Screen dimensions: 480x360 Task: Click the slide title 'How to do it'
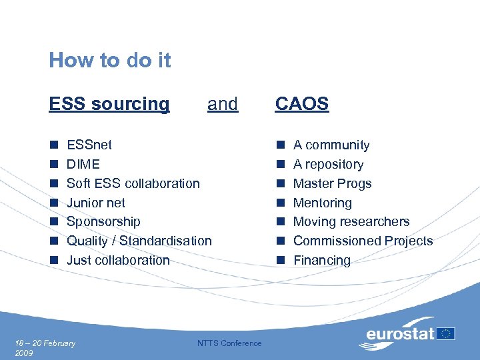point(110,61)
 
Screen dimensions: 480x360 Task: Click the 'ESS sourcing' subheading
point(109,104)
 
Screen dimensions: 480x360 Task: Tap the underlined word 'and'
point(223,104)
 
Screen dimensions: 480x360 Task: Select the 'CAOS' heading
point(302,104)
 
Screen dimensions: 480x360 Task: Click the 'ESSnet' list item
point(89,145)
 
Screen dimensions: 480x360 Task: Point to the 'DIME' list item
point(83,164)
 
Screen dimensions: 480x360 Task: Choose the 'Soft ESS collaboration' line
point(133,183)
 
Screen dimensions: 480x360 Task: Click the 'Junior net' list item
point(96,203)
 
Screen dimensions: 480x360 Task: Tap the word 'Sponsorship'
point(103,221)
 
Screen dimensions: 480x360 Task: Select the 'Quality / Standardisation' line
point(139,241)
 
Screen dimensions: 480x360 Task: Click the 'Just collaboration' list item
point(119,260)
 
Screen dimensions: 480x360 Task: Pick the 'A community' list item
point(331,145)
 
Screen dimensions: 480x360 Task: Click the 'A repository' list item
point(328,164)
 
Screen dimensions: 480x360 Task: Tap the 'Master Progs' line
point(332,183)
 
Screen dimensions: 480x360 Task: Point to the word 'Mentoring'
point(323,203)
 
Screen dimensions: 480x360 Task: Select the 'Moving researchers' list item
point(351,221)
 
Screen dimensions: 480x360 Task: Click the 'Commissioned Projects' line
point(363,241)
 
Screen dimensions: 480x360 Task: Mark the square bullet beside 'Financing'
point(281,260)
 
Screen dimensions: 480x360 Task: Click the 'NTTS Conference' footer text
point(230,343)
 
